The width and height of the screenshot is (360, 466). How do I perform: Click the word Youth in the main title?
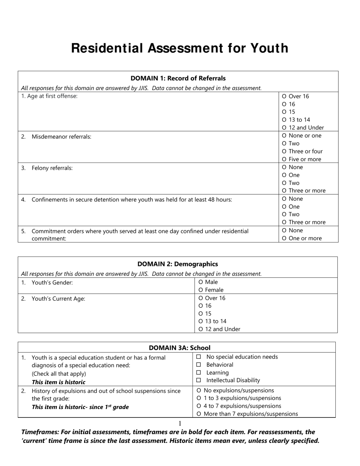pyautogui.click(x=269, y=48)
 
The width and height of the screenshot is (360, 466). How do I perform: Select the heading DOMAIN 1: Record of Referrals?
pyautogui.click(x=178, y=78)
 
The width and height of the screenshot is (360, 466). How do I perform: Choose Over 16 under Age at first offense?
pyautogui.click(x=284, y=97)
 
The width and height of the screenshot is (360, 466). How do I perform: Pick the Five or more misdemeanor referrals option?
pyautogui.click(x=284, y=160)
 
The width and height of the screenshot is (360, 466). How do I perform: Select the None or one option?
pyautogui.click(x=284, y=136)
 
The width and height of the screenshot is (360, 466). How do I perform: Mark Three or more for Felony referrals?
pyautogui.click(x=284, y=191)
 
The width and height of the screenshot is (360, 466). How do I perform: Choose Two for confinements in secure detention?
pyautogui.click(x=284, y=214)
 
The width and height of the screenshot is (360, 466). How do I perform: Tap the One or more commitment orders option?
pyautogui.click(x=284, y=238)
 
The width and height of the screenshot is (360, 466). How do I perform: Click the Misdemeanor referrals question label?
pyautogui.click(x=61, y=137)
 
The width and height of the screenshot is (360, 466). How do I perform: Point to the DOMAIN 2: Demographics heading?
pyautogui.click(x=178, y=264)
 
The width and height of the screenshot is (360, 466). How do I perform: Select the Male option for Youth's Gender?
pyautogui.click(x=201, y=282)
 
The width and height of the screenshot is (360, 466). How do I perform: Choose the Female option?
pyautogui.click(x=201, y=290)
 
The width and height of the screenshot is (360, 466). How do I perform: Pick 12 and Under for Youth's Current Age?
pyautogui.click(x=201, y=330)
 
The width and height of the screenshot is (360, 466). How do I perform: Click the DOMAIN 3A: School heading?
pyautogui.click(x=180, y=348)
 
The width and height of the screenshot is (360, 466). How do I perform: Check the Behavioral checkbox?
pyautogui.click(x=199, y=365)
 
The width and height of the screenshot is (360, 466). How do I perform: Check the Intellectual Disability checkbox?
pyautogui.click(x=199, y=380)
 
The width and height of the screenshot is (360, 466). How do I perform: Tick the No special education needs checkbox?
pyautogui.click(x=199, y=357)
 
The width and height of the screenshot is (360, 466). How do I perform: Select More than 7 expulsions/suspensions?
pyautogui.click(x=199, y=414)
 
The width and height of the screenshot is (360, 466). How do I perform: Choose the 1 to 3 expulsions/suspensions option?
pyautogui.click(x=199, y=398)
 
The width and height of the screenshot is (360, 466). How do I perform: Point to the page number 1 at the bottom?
pyautogui.click(x=180, y=424)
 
